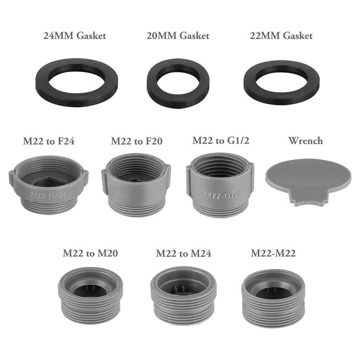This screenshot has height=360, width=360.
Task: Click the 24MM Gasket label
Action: (x=75, y=36)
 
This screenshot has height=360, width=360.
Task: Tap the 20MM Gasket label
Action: (x=178, y=36)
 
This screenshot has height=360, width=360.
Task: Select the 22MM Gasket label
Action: (x=281, y=36)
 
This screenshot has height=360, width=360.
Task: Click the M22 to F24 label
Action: (x=49, y=141)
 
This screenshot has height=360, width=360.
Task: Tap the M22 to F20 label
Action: (x=137, y=141)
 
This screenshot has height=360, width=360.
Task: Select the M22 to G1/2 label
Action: (x=221, y=141)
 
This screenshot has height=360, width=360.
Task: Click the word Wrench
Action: (x=306, y=141)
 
